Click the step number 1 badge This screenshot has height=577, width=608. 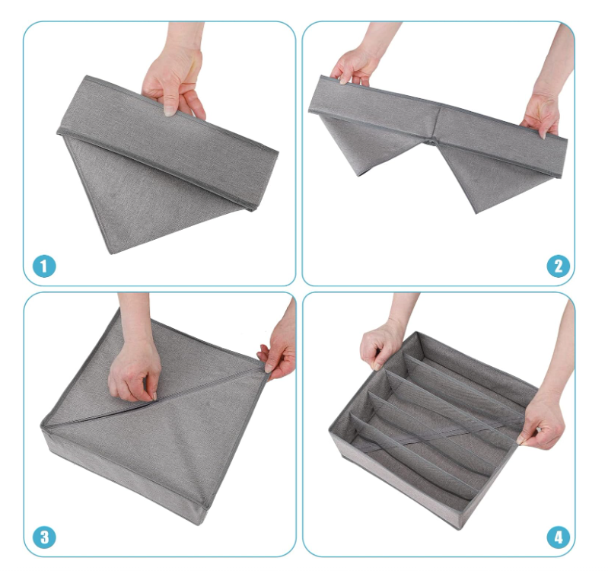(44, 266)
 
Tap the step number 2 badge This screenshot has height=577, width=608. (559, 266)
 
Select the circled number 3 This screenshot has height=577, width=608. (45, 537)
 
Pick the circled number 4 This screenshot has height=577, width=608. (559, 537)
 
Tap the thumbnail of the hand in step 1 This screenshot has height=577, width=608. (169, 109)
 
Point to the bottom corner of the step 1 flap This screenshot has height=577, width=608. (111, 254)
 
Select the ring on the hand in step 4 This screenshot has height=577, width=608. (538, 429)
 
